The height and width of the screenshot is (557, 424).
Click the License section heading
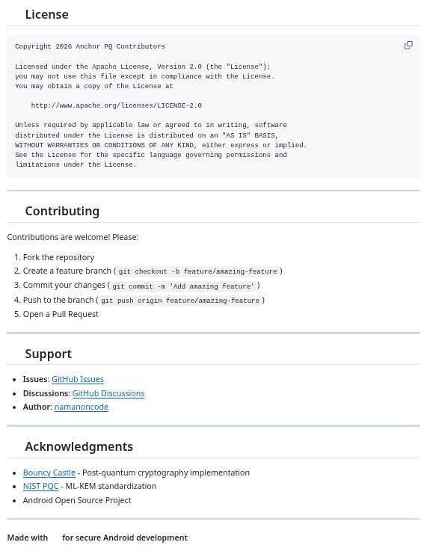pyautogui.click(x=46, y=14)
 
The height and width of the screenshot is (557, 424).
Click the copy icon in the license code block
pyautogui.click(x=408, y=46)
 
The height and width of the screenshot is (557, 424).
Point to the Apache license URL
pyautogui.click(x=116, y=105)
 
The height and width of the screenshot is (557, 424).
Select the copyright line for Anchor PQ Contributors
pyautogui.click(x=90, y=46)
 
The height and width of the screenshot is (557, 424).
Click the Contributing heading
pyautogui.click(x=62, y=211)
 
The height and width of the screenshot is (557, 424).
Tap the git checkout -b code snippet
pyautogui.click(x=197, y=271)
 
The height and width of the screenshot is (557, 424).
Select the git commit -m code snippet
pyautogui.click(x=183, y=286)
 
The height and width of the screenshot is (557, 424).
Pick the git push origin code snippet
pyautogui.click(x=179, y=301)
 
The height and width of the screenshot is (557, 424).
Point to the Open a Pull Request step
pyautogui.click(x=61, y=314)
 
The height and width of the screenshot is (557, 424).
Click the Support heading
pyautogui.click(x=48, y=354)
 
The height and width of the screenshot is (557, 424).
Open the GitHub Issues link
pyautogui.click(x=78, y=379)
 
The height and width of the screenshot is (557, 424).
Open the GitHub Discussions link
pyautogui.click(x=108, y=393)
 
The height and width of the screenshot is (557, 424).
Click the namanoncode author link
pyautogui.click(x=81, y=407)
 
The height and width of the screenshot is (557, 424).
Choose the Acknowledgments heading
pyautogui.click(x=79, y=446)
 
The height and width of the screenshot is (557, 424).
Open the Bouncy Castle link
pyautogui.click(x=49, y=473)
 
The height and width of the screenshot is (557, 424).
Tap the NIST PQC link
pyautogui.click(x=40, y=486)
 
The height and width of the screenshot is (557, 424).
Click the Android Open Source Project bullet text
pyautogui.click(x=77, y=500)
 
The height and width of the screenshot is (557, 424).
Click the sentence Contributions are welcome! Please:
pyautogui.click(x=73, y=237)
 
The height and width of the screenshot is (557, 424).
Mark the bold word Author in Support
pyautogui.click(x=37, y=407)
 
